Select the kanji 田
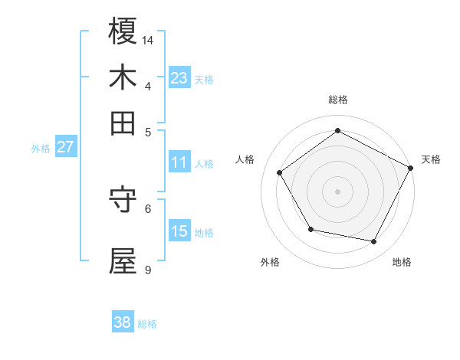pos(123,123)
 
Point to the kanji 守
pos(123,200)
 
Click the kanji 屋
pos(123,261)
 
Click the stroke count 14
pos(149,39)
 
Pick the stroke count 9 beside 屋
pos(148,270)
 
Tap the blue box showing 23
pos(179,78)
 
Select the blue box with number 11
pos(179,162)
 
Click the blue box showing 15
pos(179,231)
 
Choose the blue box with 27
pos(65,147)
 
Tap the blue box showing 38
pos(122,322)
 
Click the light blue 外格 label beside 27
pos(41,149)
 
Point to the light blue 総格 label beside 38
pos(147,324)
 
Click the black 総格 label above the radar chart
pos(338,100)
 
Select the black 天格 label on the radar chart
pos(432,159)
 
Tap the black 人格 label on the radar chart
pos(245,159)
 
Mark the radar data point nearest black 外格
pos(310,229)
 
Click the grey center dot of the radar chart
pos(338,191)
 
